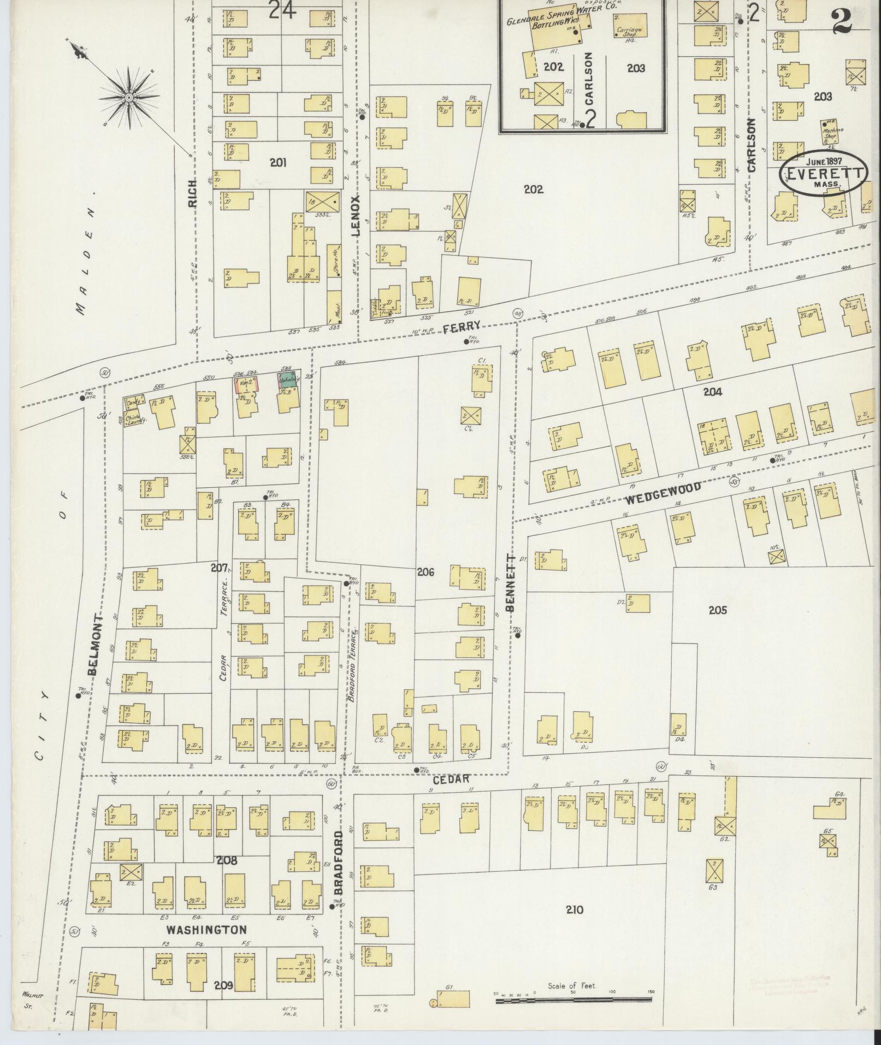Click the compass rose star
click(x=129, y=98)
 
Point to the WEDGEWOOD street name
click(x=663, y=492)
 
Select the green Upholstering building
click(x=289, y=380)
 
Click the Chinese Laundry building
click(x=133, y=421)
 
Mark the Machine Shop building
click(x=832, y=134)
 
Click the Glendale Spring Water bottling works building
click(x=554, y=27)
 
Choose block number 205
click(x=717, y=610)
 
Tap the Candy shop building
click(x=133, y=403)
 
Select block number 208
click(x=227, y=860)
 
